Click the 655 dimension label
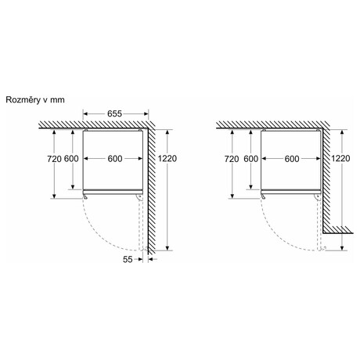[114, 113]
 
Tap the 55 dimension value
[128, 259]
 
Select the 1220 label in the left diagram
[167, 158]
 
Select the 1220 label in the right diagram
[340, 158]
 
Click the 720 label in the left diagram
[54, 159]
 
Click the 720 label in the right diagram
[232, 159]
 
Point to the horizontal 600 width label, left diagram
[115, 159]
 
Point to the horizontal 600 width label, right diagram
[292, 159]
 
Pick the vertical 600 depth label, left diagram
[71, 159]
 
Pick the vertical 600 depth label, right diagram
[251, 159]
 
